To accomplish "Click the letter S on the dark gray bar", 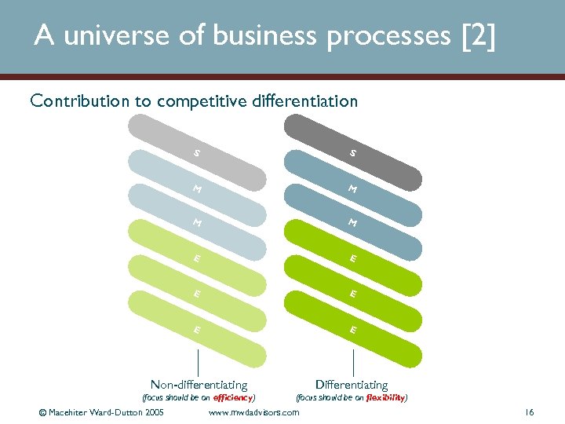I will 354,154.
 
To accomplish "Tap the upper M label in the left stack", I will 197,188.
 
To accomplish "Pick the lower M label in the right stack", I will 354,224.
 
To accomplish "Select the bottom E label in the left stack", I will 197,330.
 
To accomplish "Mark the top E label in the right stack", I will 354,258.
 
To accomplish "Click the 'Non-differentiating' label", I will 199,385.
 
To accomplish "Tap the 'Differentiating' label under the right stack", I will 351,385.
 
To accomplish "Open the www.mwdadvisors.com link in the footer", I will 253,412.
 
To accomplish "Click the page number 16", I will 529,412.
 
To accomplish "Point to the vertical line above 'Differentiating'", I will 354,363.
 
